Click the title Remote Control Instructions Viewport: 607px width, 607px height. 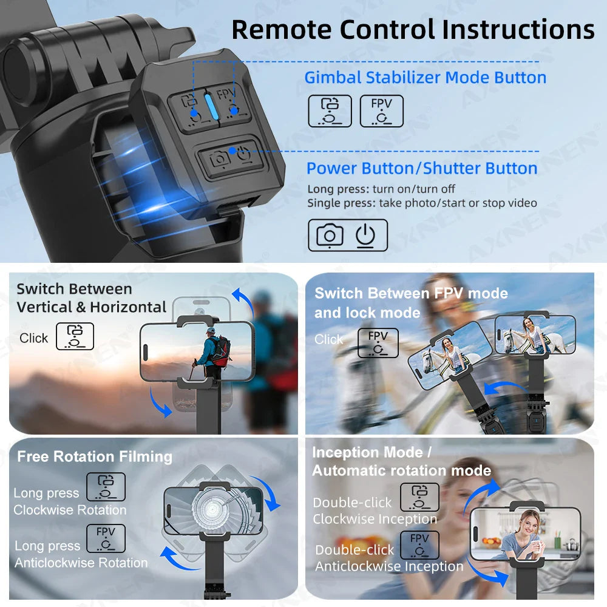(413, 29)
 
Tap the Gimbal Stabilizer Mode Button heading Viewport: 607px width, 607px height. (425, 78)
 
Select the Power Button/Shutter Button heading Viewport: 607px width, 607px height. (422, 168)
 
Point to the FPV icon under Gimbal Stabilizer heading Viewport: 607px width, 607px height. (381, 111)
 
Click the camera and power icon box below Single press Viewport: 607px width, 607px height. (347, 235)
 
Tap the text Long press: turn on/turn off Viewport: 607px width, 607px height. (381, 189)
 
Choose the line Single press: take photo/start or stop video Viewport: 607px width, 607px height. (422, 203)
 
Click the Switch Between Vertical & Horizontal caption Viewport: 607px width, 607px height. (91, 297)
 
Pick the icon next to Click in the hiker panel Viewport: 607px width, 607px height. (75, 336)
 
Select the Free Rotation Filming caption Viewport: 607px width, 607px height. (95, 456)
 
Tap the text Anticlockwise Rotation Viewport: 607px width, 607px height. (81, 563)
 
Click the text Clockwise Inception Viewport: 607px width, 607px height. (375, 519)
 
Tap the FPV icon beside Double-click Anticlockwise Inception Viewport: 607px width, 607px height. (419, 545)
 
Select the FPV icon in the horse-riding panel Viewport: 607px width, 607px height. (378, 343)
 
